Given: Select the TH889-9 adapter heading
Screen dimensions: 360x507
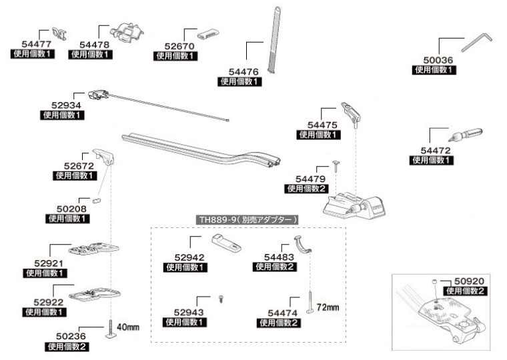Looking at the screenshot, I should pyautogui.click(x=247, y=219).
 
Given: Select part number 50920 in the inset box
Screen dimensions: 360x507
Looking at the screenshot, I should pyautogui.click(x=468, y=282).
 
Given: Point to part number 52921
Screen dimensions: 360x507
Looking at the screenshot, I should pyautogui.click(x=47, y=264).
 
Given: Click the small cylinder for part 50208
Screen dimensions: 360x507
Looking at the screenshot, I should pyautogui.click(x=97, y=199).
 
